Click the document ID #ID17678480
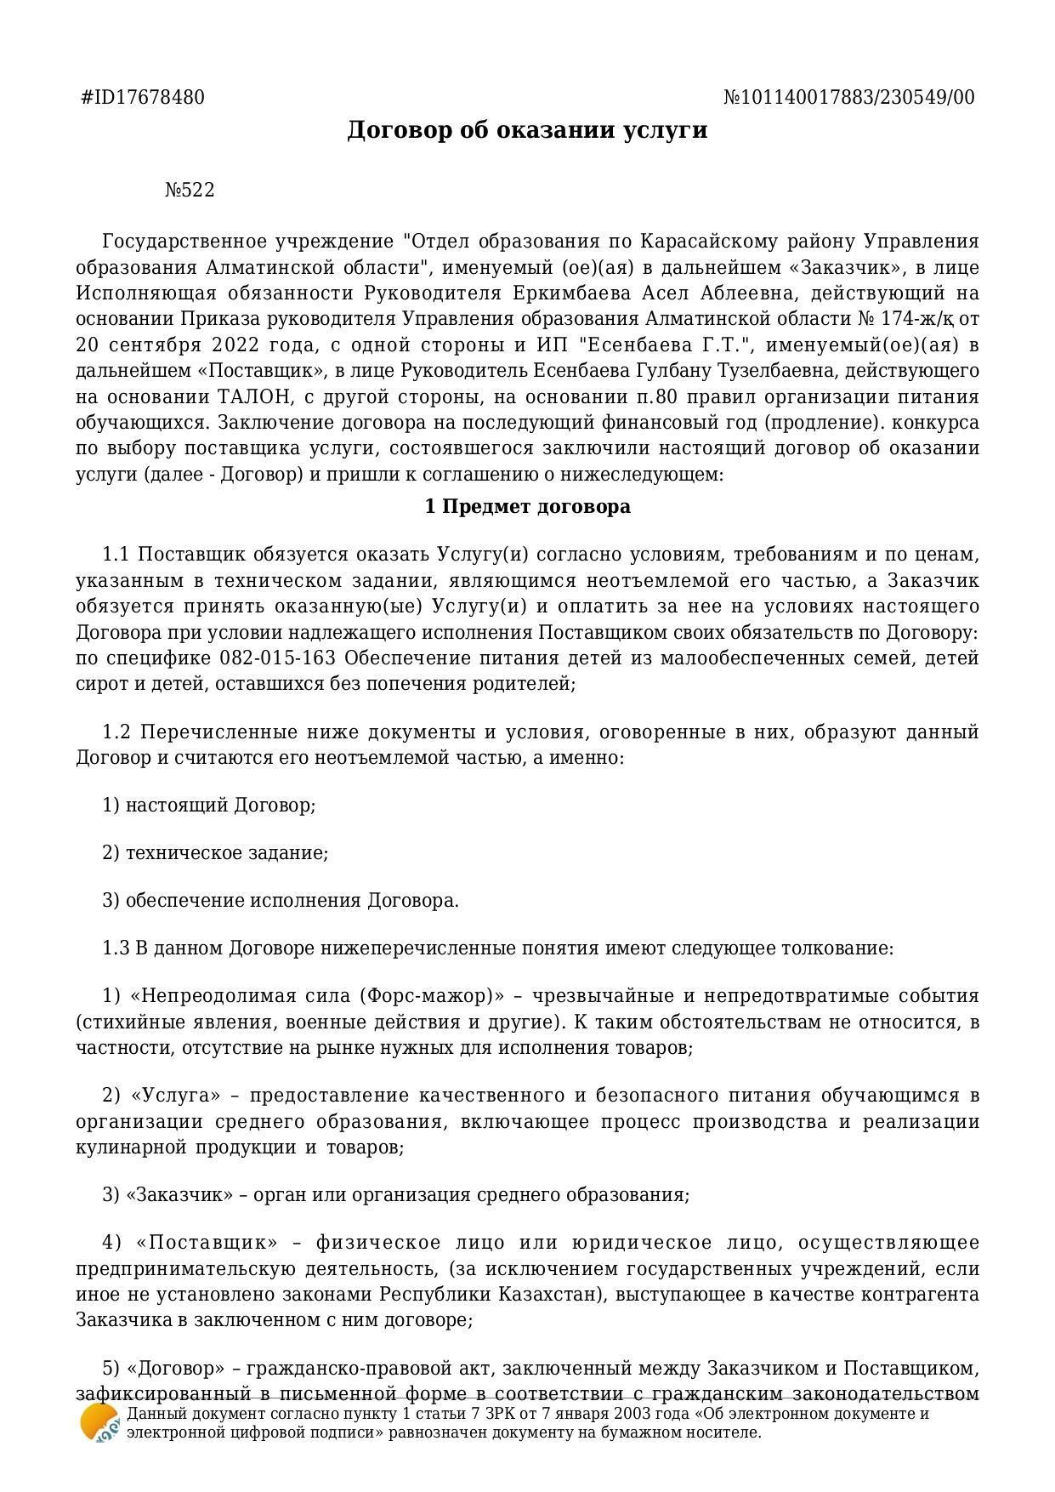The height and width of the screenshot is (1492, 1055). [143, 97]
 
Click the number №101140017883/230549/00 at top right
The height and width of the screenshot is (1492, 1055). [848, 97]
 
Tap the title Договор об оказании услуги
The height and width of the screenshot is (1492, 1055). [527, 130]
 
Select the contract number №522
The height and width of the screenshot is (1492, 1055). [190, 190]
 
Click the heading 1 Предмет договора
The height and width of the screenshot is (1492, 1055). [527, 507]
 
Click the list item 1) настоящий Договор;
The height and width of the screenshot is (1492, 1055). [209, 805]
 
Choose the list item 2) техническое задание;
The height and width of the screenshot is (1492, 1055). [215, 852]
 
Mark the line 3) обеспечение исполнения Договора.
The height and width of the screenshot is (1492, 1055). [281, 900]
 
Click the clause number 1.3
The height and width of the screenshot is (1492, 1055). [116, 948]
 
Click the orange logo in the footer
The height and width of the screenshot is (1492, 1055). [98, 1423]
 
